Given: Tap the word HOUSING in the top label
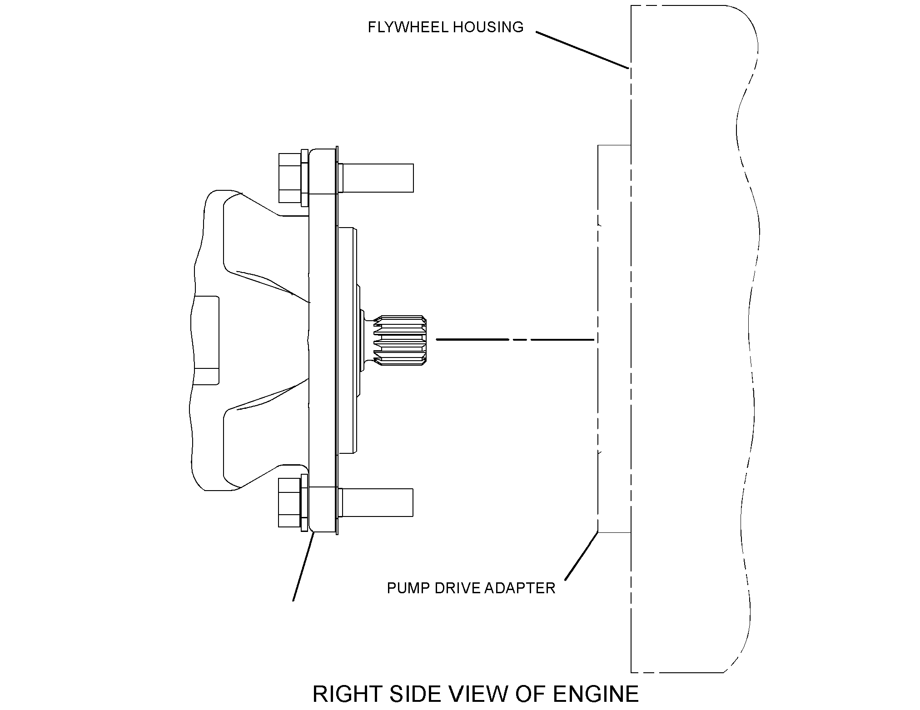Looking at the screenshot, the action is [x=488, y=27].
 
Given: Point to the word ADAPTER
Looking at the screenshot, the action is [x=520, y=588].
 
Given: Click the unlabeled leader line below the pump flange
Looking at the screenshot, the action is [x=303, y=567].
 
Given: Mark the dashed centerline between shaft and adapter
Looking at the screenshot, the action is [x=515, y=339].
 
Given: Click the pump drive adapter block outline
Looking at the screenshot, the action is [x=598, y=338].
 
